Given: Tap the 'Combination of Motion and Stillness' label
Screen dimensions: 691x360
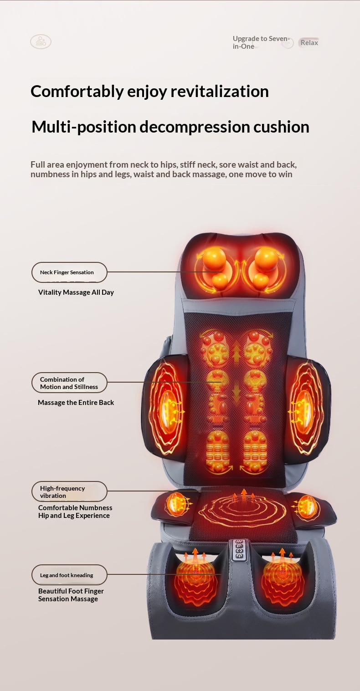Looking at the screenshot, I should [69, 383].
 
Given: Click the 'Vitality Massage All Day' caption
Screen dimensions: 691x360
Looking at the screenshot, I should [76, 292].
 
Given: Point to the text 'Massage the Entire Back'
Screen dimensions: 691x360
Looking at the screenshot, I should [76, 403].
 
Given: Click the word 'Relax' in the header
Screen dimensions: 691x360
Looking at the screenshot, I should [309, 43].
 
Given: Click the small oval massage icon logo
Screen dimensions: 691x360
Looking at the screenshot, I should [41, 42].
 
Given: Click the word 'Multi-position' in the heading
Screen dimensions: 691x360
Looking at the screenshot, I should [84, 127].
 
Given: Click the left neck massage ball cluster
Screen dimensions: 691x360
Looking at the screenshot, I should [214, 266].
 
